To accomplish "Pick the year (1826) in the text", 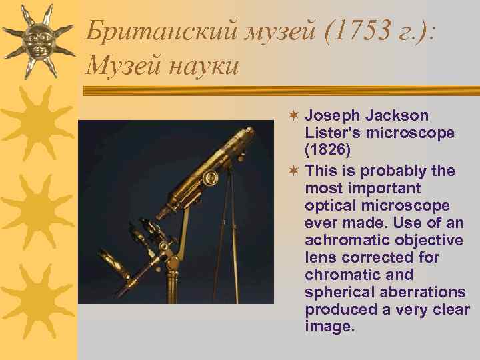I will coord(327,151).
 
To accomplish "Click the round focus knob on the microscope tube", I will coord(211,178).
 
